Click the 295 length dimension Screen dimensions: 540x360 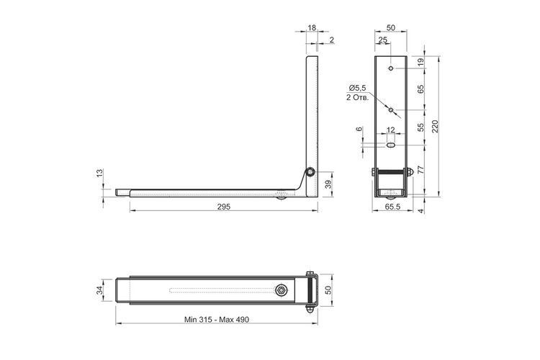[x=224, y=207]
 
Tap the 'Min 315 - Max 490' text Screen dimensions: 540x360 [x=217, y=320]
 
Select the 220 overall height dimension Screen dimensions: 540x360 [x=435, y=127]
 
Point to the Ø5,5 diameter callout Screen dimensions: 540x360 [x=357, y=88]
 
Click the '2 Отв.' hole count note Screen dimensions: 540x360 [x=357, y=97]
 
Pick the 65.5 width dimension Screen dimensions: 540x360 [x=392, y=207]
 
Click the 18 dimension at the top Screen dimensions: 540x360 [x=312, y=27]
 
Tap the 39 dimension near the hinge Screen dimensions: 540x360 [x=328, y=184]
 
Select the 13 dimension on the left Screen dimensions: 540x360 [x=99, y=174]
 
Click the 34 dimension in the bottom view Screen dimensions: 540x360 [x=99, y=290]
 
